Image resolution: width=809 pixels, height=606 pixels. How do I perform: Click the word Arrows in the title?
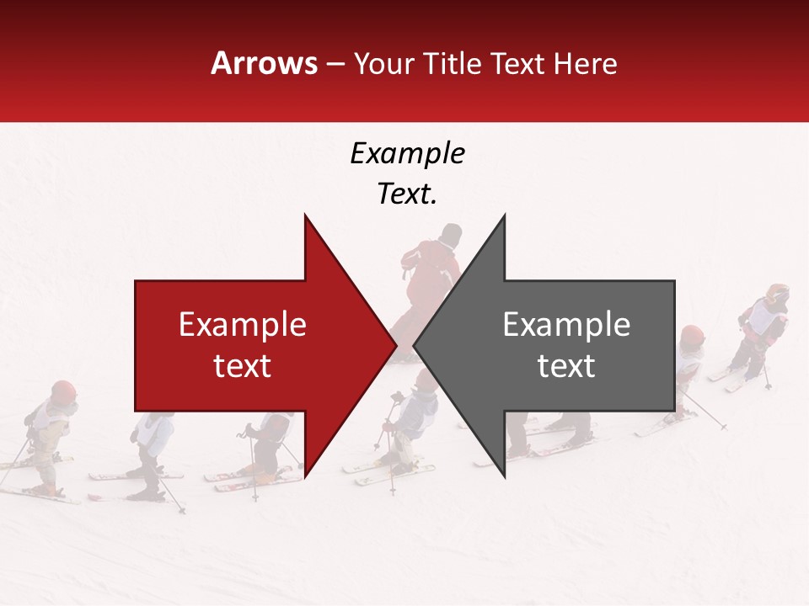264,63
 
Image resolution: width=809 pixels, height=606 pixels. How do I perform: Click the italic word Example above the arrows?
407,153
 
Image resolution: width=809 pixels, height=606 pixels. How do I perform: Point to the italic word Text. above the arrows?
407,194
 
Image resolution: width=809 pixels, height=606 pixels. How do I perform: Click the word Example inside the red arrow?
243,324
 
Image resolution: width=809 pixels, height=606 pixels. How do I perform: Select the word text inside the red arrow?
243,365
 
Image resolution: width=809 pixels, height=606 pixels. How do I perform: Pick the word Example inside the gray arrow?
566,324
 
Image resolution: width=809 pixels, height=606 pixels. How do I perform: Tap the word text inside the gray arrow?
566,365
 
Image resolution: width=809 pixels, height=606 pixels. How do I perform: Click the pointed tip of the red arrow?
395,345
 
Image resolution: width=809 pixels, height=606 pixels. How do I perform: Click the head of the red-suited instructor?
452,233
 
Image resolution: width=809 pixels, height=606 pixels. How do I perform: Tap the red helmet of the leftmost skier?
63,391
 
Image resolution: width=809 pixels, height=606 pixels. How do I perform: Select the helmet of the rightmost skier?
777,295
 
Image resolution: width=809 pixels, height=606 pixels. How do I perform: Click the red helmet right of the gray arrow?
692,335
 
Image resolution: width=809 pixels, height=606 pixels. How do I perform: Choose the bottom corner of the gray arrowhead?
505,476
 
